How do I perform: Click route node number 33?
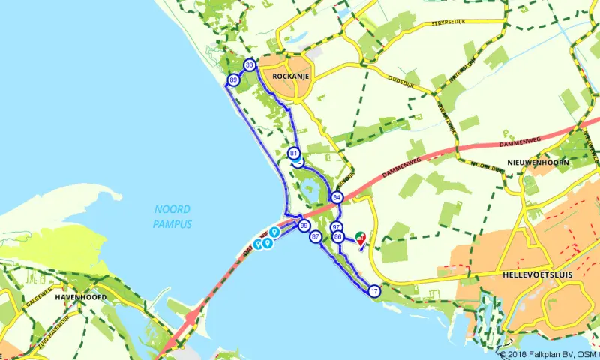[250, 66]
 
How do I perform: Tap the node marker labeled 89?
[234, 79]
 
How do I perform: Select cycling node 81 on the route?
[293, 153]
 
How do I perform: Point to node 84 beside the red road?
[337, 197]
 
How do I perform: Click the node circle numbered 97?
[337, 226]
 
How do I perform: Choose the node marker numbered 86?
[338, 237]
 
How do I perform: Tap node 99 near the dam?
[304, 226]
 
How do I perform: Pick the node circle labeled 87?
[315, 237]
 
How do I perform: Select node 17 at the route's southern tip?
[374, 291]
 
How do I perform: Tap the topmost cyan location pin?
[275, 231]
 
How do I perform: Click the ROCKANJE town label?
[292, 76]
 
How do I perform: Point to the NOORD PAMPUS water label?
[172, 217]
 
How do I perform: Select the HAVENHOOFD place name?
[79, 297]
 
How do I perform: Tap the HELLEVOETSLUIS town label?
[534, 275]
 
